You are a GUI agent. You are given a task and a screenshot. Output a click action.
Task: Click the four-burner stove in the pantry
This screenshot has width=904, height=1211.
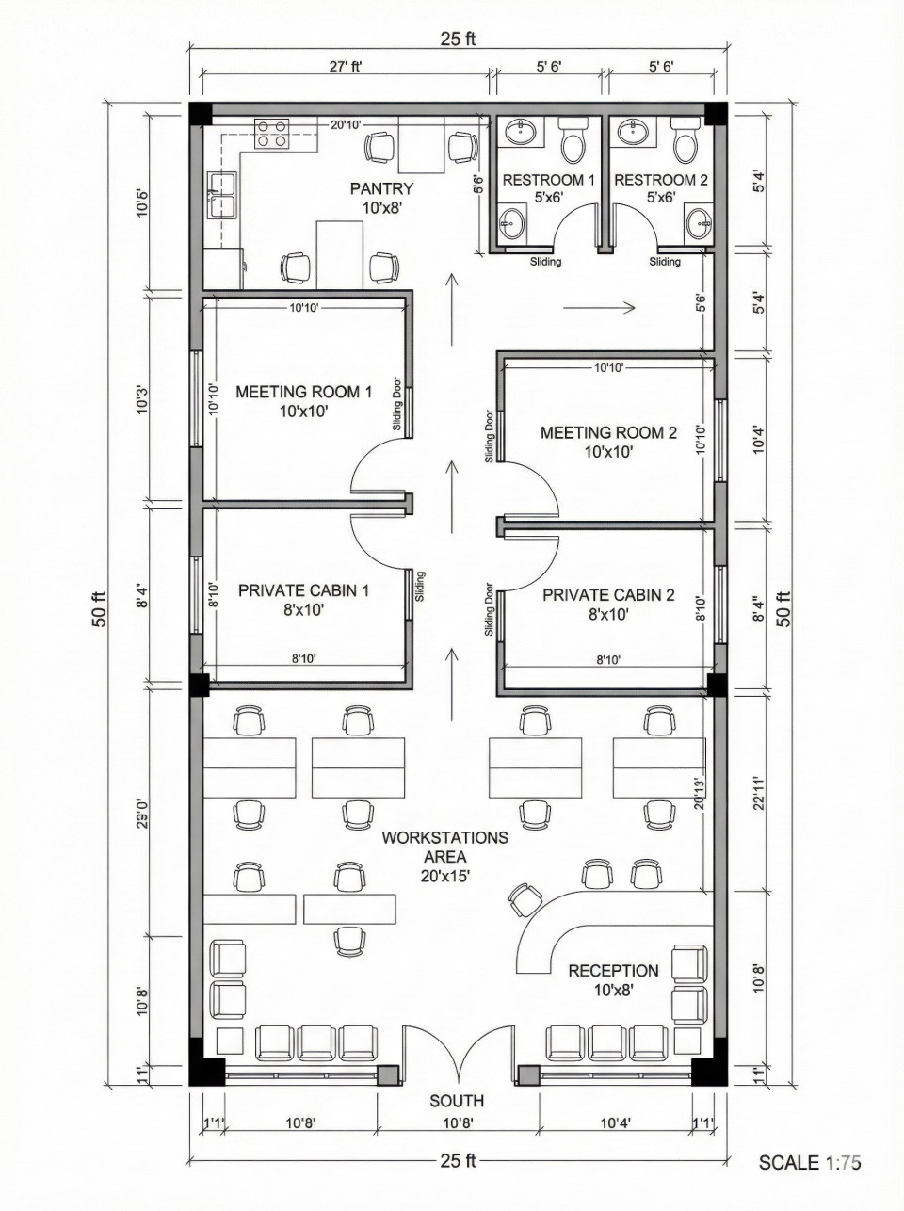point(272,134)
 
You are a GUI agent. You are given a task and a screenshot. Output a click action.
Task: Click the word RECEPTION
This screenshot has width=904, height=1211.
point(613,970)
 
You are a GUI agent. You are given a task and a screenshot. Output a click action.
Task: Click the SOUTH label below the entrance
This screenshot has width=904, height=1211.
point(457,1100)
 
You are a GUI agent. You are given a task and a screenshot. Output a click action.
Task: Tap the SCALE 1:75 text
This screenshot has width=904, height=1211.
point(810,1162)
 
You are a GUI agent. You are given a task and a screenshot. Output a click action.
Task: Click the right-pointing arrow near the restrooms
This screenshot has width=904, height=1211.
point(601,305)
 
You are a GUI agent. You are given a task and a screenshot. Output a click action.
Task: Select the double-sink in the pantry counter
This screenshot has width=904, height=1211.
point(222,194)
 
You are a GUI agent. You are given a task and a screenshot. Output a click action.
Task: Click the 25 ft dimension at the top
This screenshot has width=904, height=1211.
point(458,39)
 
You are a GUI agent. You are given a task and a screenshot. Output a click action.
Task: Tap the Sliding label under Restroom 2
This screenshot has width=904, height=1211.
point(665,262)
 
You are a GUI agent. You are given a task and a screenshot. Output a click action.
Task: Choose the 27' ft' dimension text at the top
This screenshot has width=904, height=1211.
point(346,67)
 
